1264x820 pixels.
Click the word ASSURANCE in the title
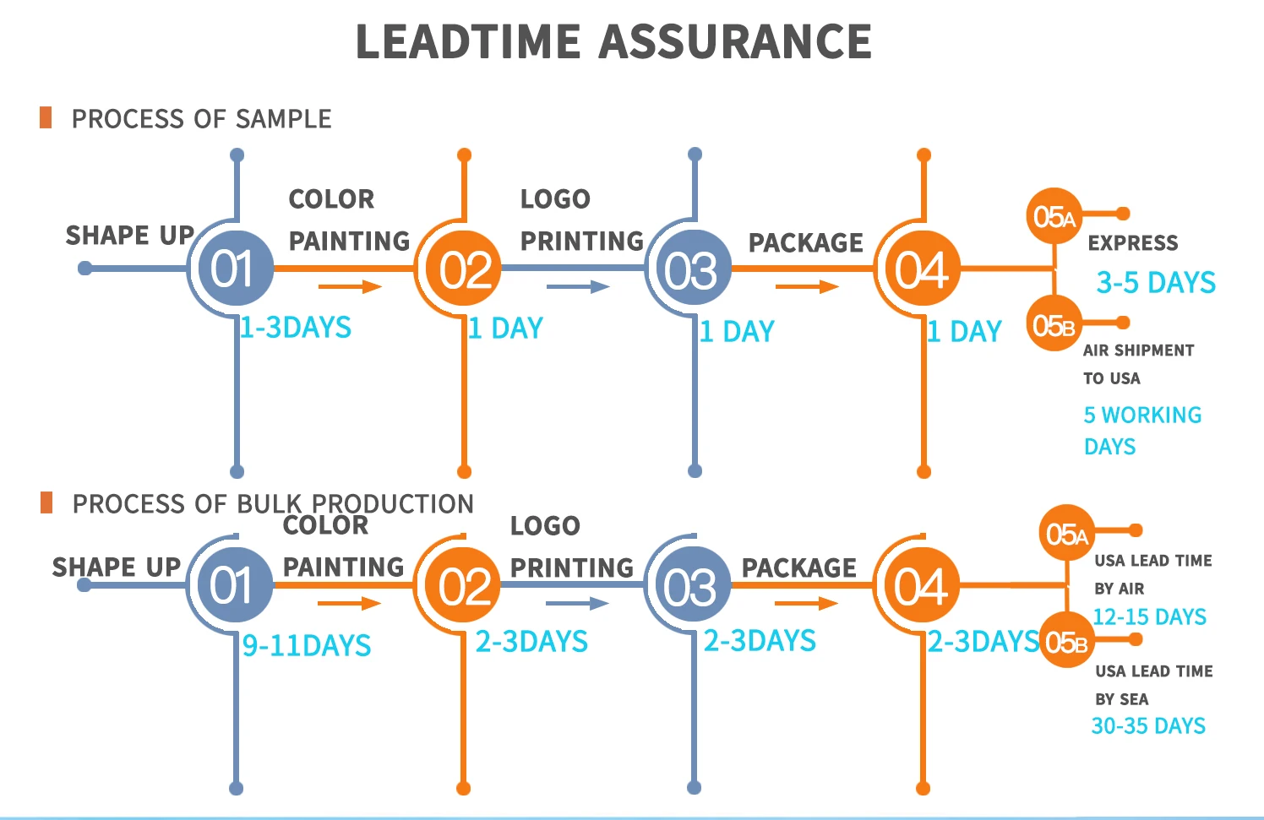tap(735, 42)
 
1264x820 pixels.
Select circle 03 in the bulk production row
tap(690, 586)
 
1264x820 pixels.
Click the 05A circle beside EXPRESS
tap(1054, 217)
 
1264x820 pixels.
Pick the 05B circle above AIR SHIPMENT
tap(1054, 325)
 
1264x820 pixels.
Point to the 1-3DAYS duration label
tap(296, 328)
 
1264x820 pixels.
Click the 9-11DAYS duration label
tap(307, 646)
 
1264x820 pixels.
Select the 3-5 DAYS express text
tap(1156, 282)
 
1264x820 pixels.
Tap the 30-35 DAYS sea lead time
tap(1148, 726)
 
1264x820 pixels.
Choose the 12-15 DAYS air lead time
tap(1149, 617)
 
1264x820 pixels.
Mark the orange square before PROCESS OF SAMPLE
tap(46, 117)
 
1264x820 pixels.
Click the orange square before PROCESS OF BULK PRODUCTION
tap(46, 502)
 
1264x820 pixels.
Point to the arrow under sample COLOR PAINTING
tap(350, 286)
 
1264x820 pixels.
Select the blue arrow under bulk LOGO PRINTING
tap(577, 603)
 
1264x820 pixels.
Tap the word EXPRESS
tap(1132, 243)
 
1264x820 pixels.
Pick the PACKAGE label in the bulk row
tap(798, 568)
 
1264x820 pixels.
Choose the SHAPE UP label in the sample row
tap(129, 235)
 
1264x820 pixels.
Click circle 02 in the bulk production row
tap(463, 586)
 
